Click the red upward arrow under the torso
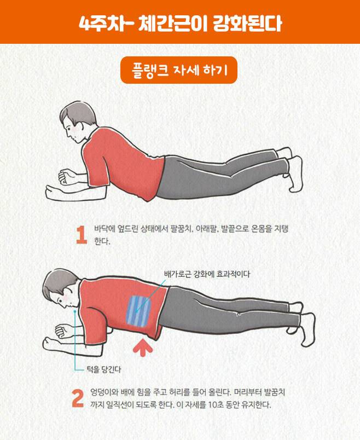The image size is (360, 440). tap(143, 348)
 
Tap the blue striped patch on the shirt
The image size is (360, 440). tap(138, 311)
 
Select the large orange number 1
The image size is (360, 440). tap(82, 235)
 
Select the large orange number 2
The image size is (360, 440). tap(78, 398)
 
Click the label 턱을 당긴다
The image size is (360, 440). tap(104, 369)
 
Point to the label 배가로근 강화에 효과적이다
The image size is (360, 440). tap(207, 274)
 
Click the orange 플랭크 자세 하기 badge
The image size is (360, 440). tap(179, 70)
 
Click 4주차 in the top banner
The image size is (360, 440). tap(98, 24)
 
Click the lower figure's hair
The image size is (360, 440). tap(60, 283)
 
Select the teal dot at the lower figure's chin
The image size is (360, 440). tap(74, 311)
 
